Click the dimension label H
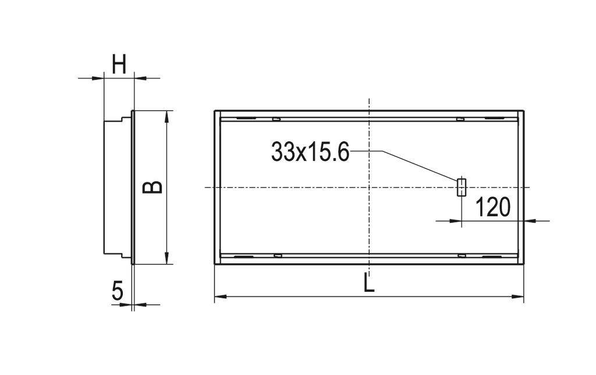point(119,64)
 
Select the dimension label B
point(152,187)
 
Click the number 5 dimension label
point(118,291)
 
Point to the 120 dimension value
point(492,207)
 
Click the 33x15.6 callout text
point(310,152)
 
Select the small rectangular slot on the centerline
point(462,187)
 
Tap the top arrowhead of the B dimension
point(167,115)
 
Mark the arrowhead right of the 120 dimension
point(530,220)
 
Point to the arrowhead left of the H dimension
point(98,77)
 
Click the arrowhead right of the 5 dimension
point(139,304)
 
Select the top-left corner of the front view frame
point(215,111)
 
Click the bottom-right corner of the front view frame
point(524,265)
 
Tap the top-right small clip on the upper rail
point(460,120)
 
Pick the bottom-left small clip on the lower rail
point(278,255)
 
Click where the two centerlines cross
point(369,187)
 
